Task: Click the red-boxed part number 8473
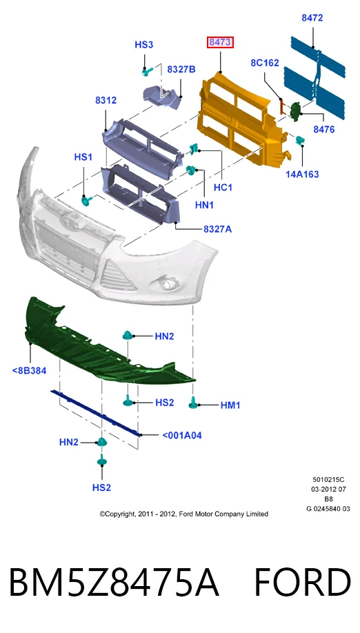pyautogui.click(x=221, y=42)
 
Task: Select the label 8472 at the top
pyautogui.click(x=312, y=18)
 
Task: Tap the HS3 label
pyautogui.click(x=143, y=44)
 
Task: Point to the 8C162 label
pyautogui.click(x=264, y=63)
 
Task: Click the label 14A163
pyautogui.click(x=302, y=174)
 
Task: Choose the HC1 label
pyautogui.click(x=223, y=188)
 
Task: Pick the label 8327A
pyautogui.click(x=217, y=230)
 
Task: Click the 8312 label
pyautogui.click(x=106, y=100)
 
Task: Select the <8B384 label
pyautogui.click(x=29, y=370)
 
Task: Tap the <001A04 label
pyautogui.click(x=181, y=435)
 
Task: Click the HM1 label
pyautogui.click(x=230, y=405)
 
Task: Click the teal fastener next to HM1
pyautogui.click(x=193, y=402)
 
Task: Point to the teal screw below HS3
pyautogui.click(x=147, y=72)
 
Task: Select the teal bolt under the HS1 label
pyautogui.click(x=86, y=200)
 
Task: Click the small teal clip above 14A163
pyautogui.click(x=300, y=140)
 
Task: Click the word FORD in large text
pyautogui.click(x=302, y=582)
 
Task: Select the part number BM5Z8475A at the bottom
pyautogui.click(x=114, y=582)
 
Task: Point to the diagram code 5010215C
pyautogui.click(x=328, y=480)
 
